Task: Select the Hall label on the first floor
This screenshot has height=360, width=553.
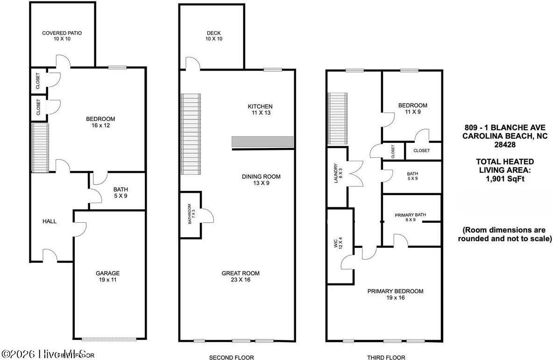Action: (x=50, y=221)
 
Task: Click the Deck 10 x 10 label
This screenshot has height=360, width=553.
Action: (x=214, y=36)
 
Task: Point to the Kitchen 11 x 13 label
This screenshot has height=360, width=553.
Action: (x=260, y=109)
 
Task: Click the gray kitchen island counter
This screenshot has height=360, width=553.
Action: (x=262, y=141)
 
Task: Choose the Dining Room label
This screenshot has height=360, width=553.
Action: (x=261, y=180)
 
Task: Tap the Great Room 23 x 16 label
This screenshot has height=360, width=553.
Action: (x=241, y=276)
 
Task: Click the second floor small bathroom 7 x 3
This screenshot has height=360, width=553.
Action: (x=191, y=215)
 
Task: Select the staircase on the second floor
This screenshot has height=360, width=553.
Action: (x=190, y=133)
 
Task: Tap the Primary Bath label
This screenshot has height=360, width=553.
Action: (x=411, y=217)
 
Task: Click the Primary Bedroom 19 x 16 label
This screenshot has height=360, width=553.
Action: (x=395, y=294)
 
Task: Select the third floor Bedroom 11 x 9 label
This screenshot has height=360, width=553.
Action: (x=412, y=109)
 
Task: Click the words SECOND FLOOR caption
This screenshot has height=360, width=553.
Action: (x=231, y=358)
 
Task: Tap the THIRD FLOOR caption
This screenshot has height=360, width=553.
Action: (x=386, y=358)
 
